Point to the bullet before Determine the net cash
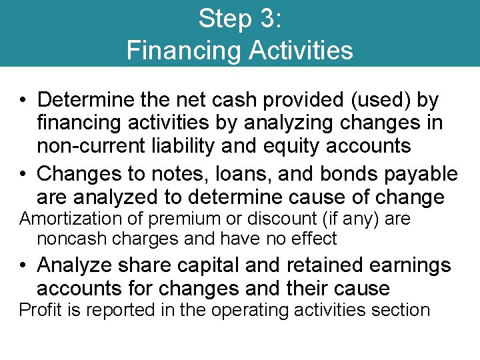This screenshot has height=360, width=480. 23,101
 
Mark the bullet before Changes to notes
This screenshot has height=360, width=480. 23,175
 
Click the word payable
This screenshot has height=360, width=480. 423,175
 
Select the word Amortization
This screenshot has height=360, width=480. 63,219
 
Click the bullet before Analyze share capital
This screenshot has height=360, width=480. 23,265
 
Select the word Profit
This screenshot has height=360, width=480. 37,310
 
